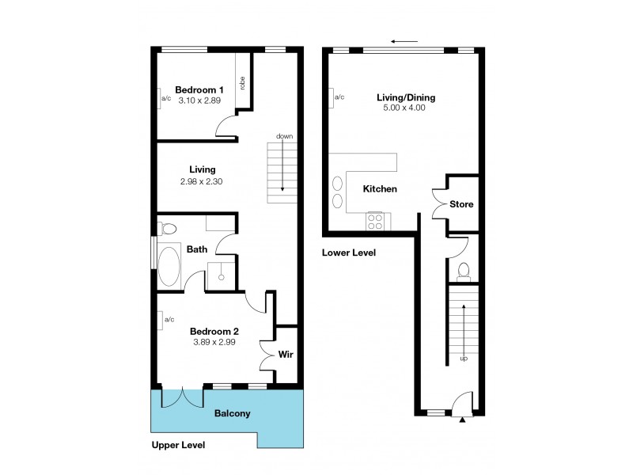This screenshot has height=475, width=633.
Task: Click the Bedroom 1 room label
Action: pyautogui.click(x=199, y=89)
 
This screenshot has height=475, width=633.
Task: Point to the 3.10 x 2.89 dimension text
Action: pyautogui.click(x=199, y=101)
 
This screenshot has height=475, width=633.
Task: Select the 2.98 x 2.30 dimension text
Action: pyautogui.click(x=203, y=181)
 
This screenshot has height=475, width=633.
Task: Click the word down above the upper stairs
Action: pyautogui.click(x=284, y=136)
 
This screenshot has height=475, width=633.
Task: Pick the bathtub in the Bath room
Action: pyautogui.click(x=169, y=266)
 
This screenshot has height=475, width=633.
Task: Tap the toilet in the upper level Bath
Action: pyautogui.click(x=168, y=230)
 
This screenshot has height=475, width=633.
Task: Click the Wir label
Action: pyautogui.click(x=286, y=355)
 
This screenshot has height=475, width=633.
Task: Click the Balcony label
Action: pyautogui.click(x=233, y=413)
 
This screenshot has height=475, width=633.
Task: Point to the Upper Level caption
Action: pyautogui.click(x=178, y=446)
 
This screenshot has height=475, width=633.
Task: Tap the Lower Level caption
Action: pyautogui.click(x=348, y=253)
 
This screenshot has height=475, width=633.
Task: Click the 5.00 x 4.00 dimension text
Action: pyautogui.click(x=406, y=108)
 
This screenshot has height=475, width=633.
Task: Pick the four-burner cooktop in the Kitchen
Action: pyautogui.click(x=375, y=221)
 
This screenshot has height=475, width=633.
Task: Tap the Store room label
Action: pyautogui.click(x=461, y=204)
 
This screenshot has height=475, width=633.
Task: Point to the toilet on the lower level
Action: pyautogui.click(x=464, y=272)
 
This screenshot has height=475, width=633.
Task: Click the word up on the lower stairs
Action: pyautogui.click(x=464, y=359)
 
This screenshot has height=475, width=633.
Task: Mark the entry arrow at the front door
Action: pyautogui.click(x=461, y=420)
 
